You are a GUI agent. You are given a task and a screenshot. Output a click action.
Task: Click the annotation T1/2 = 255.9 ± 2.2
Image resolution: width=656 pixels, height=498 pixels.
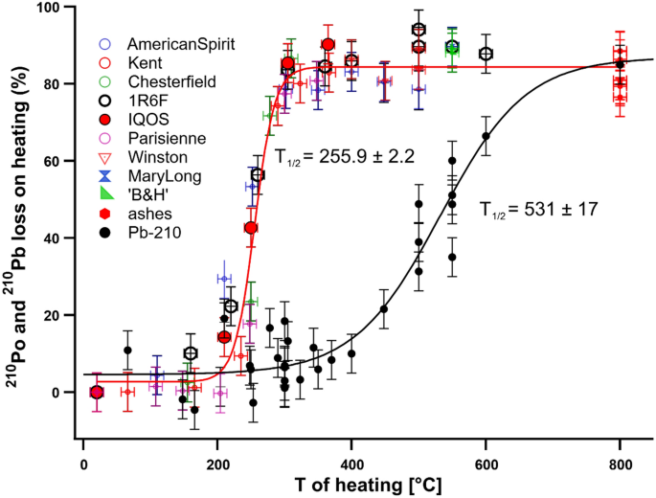[x=344, y=156]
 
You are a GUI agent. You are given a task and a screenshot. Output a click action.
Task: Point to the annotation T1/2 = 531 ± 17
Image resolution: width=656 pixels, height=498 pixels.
[x=539, y=208]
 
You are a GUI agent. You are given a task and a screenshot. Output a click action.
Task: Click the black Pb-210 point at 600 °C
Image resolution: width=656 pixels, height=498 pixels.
[x=486, y=136]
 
